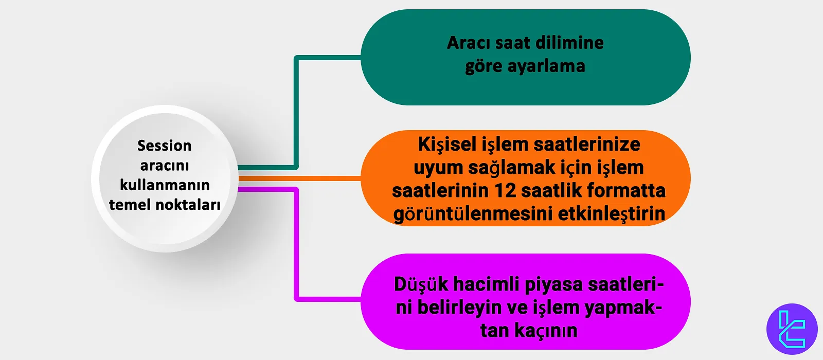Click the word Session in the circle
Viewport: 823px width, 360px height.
pyautogui.click(x=164, y=146)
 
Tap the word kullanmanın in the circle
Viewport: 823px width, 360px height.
pyautogui.click(x=165, y=185)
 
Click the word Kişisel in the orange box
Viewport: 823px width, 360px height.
pyautogui.click(x=447, y=145)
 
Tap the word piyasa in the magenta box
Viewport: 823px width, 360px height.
pyautogui.click(x=554, y=284)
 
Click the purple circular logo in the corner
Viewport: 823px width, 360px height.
pyautogui.click(x=792, y=329)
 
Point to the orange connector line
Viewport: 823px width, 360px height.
pyautogui.click(x=298, y=178)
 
